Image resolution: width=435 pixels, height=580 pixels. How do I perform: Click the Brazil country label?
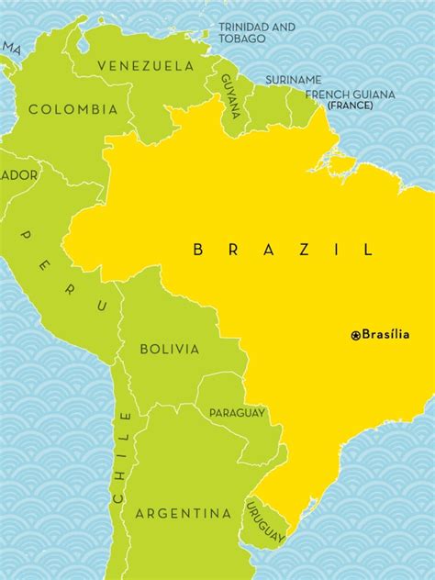pos(284,249)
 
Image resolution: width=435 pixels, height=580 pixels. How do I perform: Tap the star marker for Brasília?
pos(356,336)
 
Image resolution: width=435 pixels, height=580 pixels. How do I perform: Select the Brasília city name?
pos(385,335)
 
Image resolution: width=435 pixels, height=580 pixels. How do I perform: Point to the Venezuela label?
pos(145,66)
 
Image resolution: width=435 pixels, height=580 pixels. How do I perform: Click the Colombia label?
pos(73,109)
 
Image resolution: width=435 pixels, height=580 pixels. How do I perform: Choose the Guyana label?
pos(230,95)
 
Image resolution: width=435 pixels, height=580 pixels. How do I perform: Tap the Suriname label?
pos(294,80)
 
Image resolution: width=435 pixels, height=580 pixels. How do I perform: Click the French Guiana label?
pos(350,95)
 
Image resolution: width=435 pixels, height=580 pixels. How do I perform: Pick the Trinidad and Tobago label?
pos(257,33)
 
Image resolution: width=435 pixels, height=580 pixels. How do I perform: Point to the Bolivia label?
pos(169,349)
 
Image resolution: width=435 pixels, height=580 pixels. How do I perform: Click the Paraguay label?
pos(237,413)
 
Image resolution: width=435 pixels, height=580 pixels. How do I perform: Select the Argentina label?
pos(184,513)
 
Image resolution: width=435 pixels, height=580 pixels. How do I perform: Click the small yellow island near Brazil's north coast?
pos(342,164)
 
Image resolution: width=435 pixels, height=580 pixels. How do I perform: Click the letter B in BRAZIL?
pos(199,249)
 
